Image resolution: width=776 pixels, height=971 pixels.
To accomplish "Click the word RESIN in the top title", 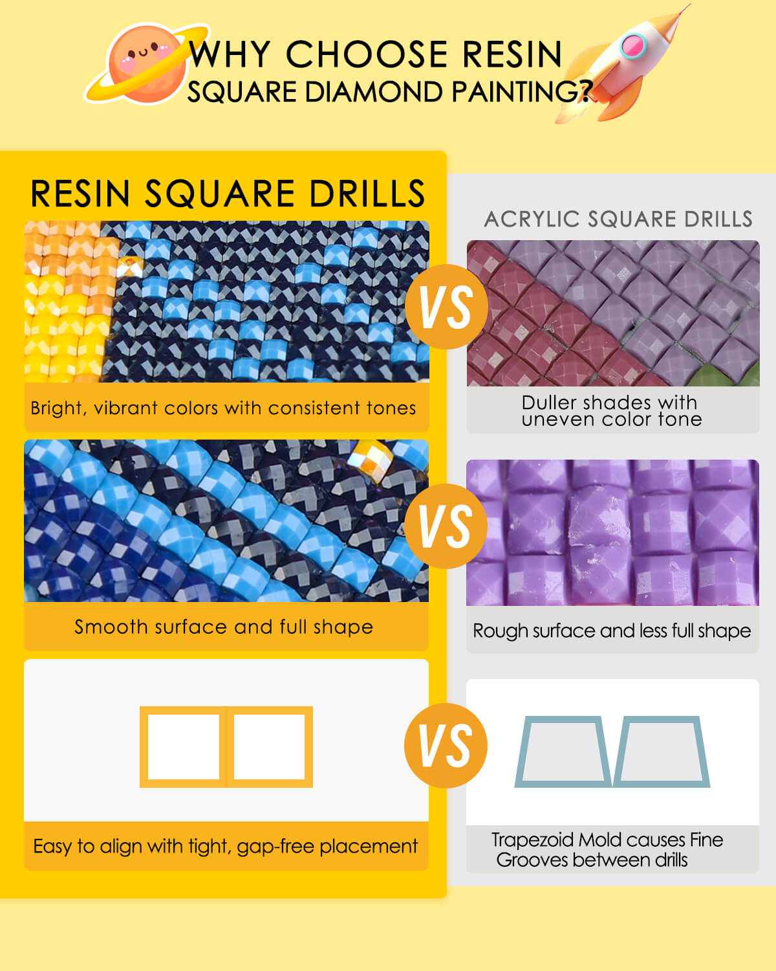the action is tap(512, 54).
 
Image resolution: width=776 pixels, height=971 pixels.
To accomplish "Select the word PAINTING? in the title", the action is tap(522, 91).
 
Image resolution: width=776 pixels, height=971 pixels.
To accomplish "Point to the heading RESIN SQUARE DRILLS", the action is tap(227, 194).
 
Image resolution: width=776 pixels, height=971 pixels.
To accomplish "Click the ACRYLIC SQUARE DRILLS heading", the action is tap(618, 219).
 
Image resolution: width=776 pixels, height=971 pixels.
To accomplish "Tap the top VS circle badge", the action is tap(446, 307).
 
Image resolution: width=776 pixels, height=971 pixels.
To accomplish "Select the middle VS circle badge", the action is tap(446, 526).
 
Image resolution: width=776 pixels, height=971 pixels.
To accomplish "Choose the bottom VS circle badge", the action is tap(446, 745).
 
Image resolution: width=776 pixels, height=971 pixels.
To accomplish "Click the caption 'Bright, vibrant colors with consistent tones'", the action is tap(223, 408).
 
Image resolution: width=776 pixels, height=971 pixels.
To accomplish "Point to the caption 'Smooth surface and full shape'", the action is tap(224, 627).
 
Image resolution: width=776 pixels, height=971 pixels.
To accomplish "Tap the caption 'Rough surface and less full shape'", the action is tap(612, 631).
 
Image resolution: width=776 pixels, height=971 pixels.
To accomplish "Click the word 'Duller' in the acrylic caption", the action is tap(550, 402).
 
